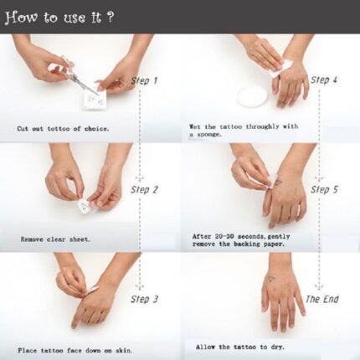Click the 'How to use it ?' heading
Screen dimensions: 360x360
59,18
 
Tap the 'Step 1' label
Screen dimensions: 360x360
144,81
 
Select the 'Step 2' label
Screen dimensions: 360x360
144,190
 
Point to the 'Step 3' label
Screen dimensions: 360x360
144,300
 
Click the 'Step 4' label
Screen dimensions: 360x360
324,80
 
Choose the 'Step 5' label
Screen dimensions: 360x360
324,189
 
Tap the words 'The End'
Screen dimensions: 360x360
321,300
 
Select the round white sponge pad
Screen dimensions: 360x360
252,96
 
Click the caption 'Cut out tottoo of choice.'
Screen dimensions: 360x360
63,129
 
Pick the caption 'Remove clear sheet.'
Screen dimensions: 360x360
55,239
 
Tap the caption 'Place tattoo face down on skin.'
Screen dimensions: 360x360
75,350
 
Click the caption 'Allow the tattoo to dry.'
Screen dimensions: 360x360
240,347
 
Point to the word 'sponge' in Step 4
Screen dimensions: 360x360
209,135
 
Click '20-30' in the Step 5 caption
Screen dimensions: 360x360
225,236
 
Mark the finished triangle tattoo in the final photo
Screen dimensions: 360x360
271,280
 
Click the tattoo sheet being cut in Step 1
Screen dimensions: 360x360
95,100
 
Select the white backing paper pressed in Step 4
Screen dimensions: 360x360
280,69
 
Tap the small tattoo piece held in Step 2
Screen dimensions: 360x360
85,206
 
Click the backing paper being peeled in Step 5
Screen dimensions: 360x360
270,182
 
